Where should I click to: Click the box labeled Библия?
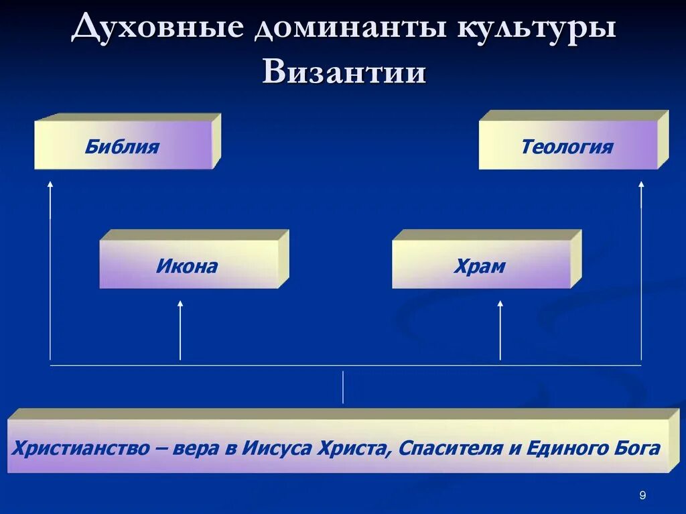pos(123,146)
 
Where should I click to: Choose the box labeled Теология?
pos(567,146)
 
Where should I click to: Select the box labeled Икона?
pos(188,266)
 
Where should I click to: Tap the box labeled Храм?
pos(480,266)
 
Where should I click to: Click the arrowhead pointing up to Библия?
pos(50,183)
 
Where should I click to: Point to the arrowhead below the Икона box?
pos(180,304)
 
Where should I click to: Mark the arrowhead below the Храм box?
pos(500,304)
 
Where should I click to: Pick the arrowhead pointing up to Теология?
pos(641,183)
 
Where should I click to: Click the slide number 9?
pos(642,495)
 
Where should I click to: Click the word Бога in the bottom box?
pos(634,448)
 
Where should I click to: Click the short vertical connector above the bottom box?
pos(343,387)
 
